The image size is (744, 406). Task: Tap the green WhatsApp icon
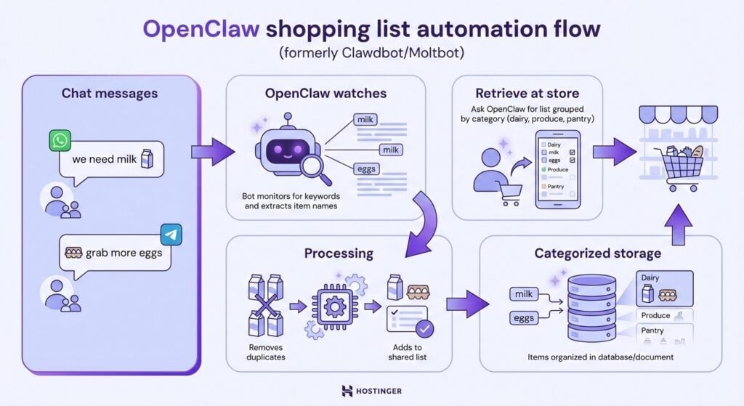(60, 141)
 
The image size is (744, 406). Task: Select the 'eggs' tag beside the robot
(365, 169)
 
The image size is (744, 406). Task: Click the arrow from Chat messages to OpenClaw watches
(213, 151)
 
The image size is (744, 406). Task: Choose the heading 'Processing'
(339, 253)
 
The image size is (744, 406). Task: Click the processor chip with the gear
(335, 306)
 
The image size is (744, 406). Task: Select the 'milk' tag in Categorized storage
(524, 294)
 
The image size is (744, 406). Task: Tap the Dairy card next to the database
(664, 288)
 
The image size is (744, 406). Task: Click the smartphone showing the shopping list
(558, 169)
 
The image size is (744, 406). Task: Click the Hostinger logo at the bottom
(371, 391)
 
